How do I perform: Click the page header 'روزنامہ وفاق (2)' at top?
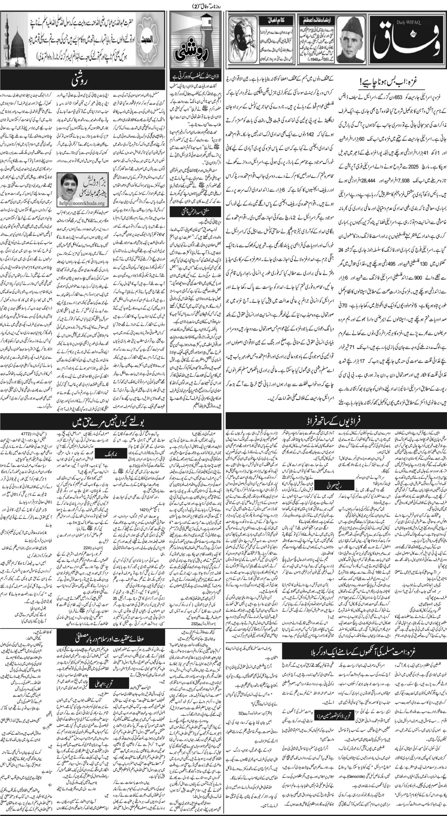pos(223,4)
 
